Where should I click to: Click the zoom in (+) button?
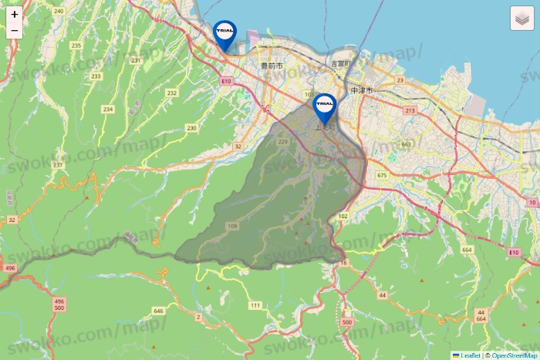[15, 14]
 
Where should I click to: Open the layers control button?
[522, 19]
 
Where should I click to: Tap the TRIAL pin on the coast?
[224, 33]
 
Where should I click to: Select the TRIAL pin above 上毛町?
[325, 106]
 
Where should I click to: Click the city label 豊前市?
[272, 67]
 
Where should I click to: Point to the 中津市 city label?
[361, 90]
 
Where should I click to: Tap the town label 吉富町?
[340, 63]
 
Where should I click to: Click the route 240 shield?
[59, 11]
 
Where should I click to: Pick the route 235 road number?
[76, 45]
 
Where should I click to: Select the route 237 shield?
[58, 165]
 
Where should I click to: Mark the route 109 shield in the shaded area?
[232, 225]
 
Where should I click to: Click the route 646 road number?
[159, 311]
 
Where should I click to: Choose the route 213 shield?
[409, 111]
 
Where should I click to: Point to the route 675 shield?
[382, 176]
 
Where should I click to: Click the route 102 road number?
[343, 217]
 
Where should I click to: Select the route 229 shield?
[282, 142]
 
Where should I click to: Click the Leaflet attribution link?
[470, 355]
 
